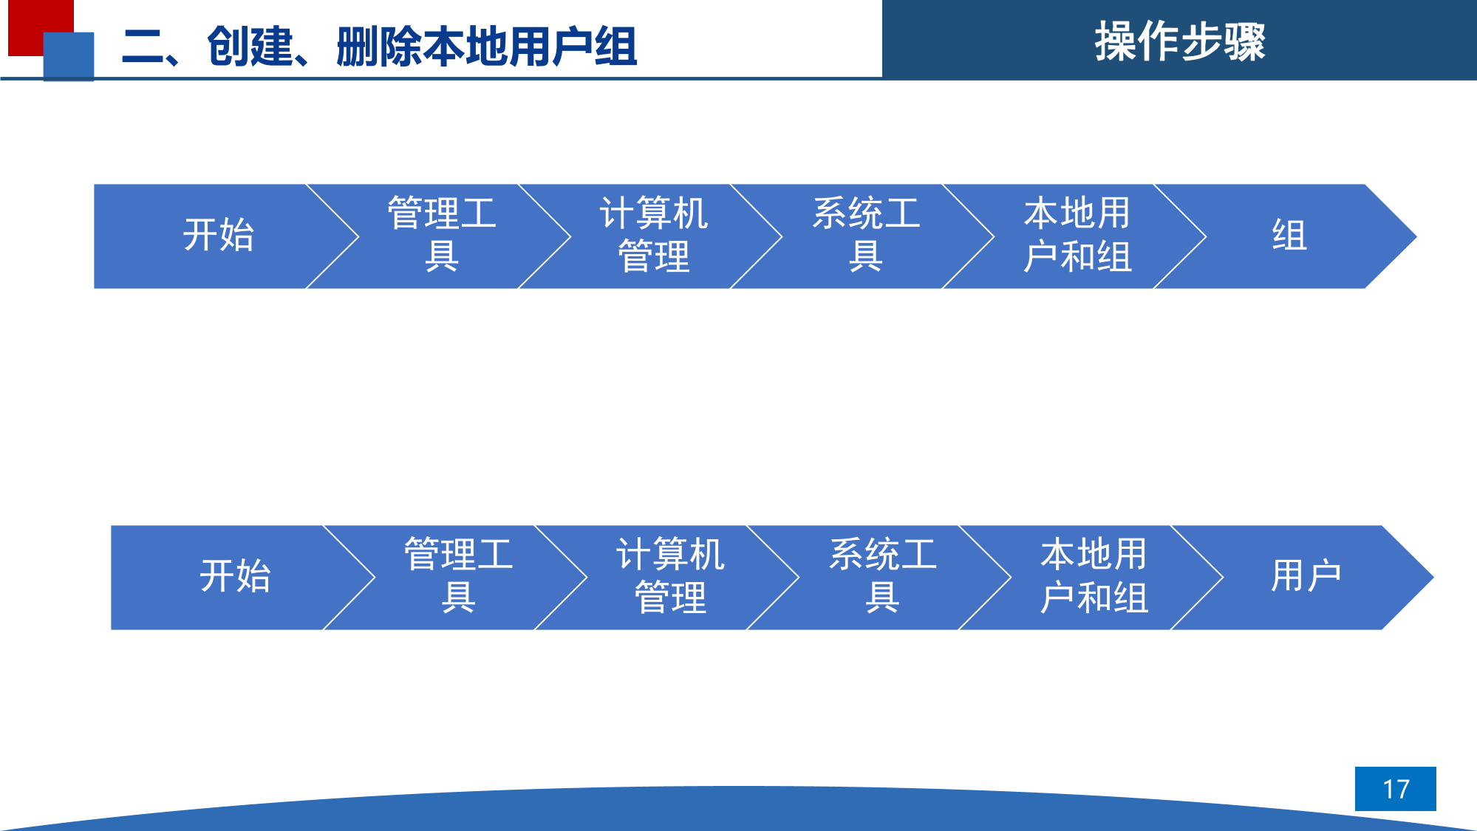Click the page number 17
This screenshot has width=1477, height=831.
(1396, 789)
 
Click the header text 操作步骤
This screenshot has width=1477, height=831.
(1180, 41)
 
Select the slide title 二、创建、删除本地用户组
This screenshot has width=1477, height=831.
(379, 47)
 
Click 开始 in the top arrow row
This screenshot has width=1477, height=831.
(219, 236)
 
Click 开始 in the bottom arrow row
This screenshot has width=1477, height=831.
(236, 576)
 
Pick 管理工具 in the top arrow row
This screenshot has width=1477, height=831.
(442, 235)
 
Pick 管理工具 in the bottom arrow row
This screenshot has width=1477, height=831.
(459, 576)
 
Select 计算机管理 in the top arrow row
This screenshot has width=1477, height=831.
(654, 235)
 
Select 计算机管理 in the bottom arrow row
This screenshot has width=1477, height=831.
(671, 576)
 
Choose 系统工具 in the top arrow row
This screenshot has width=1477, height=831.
(866, 235)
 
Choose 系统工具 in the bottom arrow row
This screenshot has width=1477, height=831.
(883, 576)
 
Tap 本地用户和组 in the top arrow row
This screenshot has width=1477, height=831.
(1078, 235)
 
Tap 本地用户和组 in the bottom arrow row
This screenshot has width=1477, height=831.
(1094, 576)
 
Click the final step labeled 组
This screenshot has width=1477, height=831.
(1289, 236)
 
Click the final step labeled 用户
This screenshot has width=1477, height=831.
(1306, 576)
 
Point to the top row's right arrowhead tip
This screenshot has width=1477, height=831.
(1416, 236)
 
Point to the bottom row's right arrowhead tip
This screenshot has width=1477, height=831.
(1433, 578)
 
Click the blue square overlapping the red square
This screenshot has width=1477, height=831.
(69, 56)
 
